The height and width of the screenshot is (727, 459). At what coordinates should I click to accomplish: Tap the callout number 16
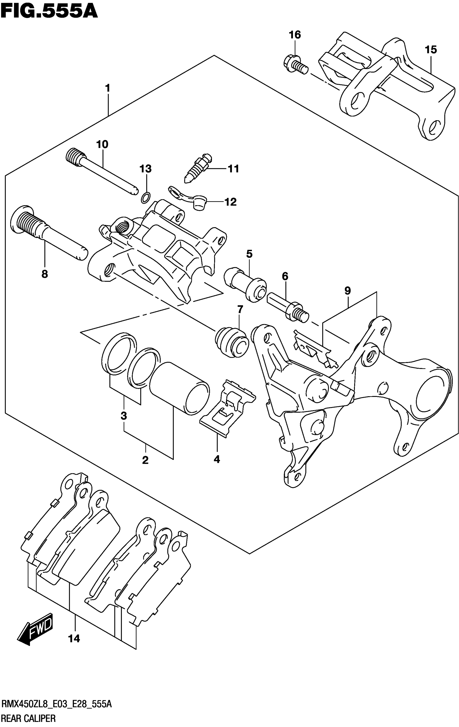tap(295, 35)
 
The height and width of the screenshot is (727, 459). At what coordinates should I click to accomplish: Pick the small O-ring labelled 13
tap(145, 197)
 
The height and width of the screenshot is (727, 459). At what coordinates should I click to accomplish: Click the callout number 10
tap(102, 144)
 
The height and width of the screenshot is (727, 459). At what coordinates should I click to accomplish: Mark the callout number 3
tap(124, 416)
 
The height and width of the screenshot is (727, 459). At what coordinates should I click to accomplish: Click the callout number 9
tap(347, 291)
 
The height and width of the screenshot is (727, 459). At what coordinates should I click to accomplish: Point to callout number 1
tap(107, 88)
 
